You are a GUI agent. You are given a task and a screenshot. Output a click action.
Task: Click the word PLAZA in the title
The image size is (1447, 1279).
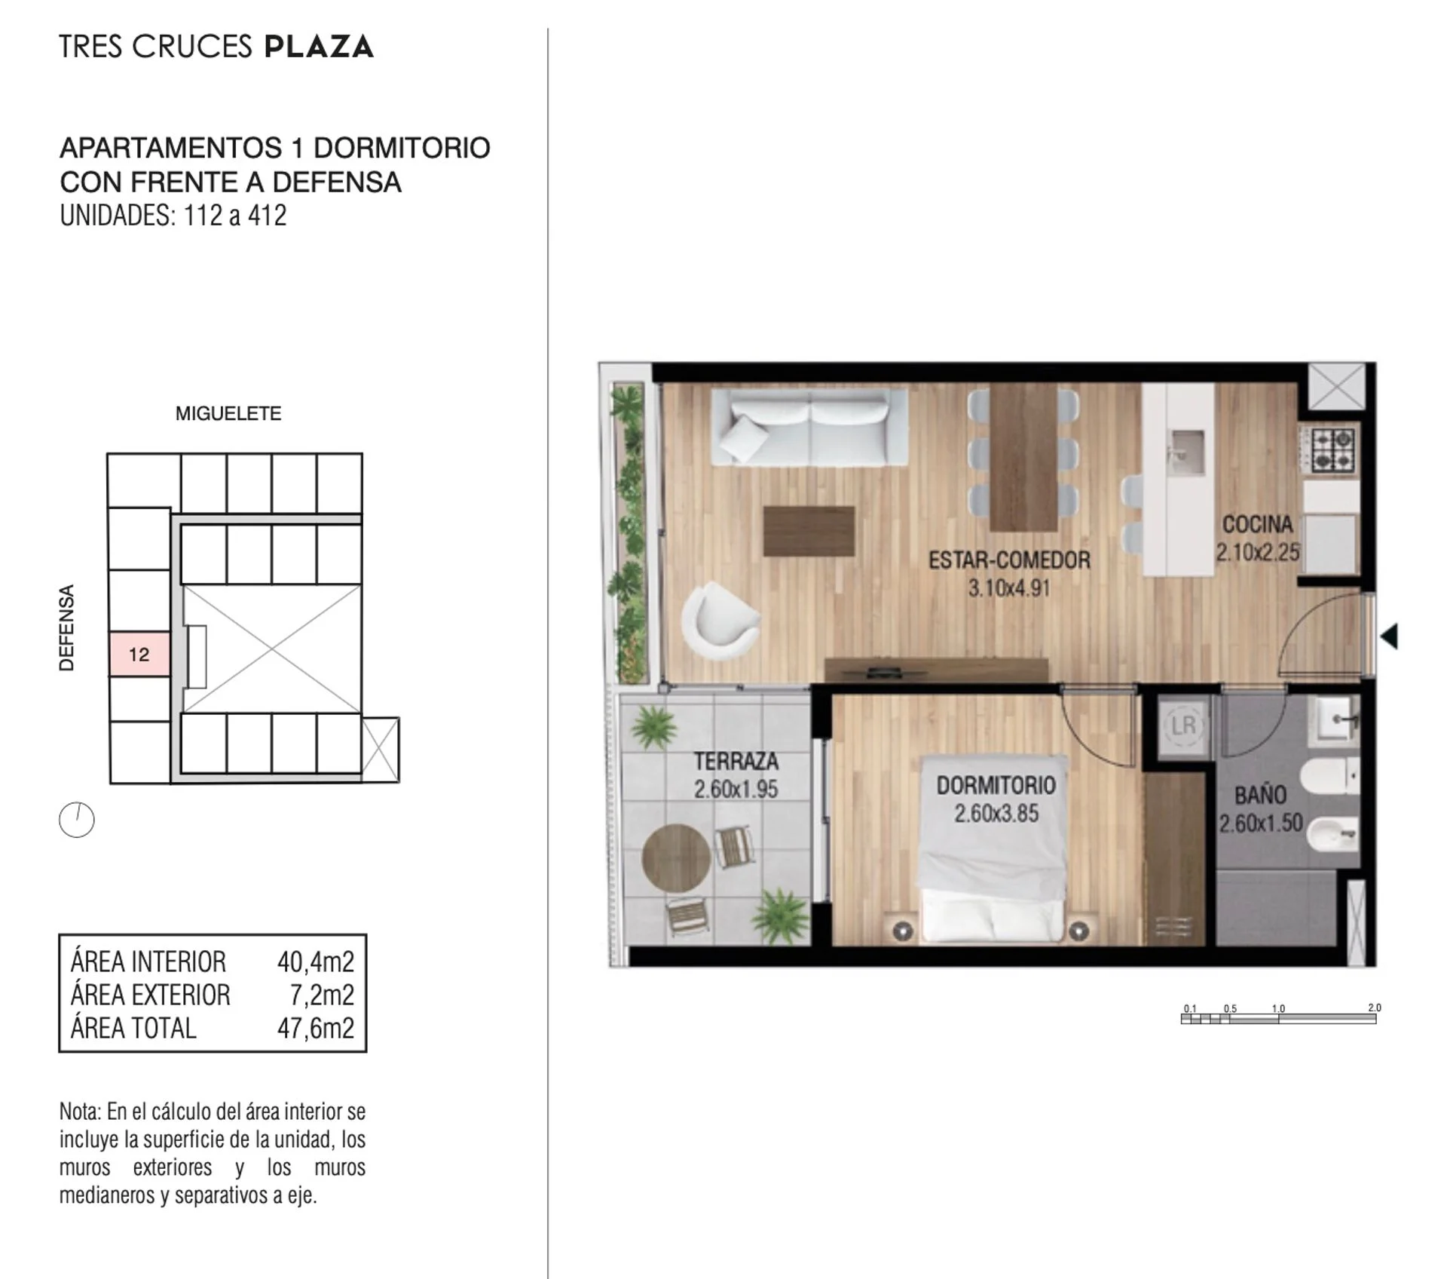click(319, 47)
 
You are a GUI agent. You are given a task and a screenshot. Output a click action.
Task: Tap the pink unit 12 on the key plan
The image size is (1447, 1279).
click(139, 654)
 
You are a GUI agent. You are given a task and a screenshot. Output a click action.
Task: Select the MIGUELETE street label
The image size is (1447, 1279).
click(228, 413)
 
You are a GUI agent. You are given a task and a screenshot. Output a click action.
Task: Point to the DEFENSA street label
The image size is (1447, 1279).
click(67, 627)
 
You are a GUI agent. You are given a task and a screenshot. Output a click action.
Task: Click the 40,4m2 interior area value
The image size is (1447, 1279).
click(316, 962)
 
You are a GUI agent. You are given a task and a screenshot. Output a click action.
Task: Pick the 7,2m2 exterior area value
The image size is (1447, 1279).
click(322, 995)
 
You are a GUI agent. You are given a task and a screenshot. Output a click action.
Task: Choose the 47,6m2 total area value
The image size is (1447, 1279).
click(316, 1029)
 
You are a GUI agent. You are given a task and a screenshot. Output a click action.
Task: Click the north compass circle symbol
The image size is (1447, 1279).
click(77, 820)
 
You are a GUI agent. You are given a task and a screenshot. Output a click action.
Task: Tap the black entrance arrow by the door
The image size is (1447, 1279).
click(1389, 636)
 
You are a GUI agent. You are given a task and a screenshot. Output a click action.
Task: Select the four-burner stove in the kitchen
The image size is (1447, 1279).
click(1332, 449)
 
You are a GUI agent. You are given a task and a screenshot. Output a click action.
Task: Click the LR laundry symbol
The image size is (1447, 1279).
click(1182, 725)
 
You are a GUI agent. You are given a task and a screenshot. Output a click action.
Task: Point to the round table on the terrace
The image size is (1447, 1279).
click(676, 858)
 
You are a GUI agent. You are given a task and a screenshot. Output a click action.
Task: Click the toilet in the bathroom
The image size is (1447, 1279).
click(1330, 777)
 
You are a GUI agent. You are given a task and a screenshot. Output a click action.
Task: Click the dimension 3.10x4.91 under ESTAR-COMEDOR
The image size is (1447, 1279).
click(1009, 588)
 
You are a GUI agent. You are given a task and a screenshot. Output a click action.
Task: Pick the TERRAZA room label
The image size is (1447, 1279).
click(736, 762)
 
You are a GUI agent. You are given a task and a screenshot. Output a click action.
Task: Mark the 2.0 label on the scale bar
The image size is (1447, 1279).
click(1375, 1008)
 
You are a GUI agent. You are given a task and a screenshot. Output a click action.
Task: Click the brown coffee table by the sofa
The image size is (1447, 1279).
click(809, 532)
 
